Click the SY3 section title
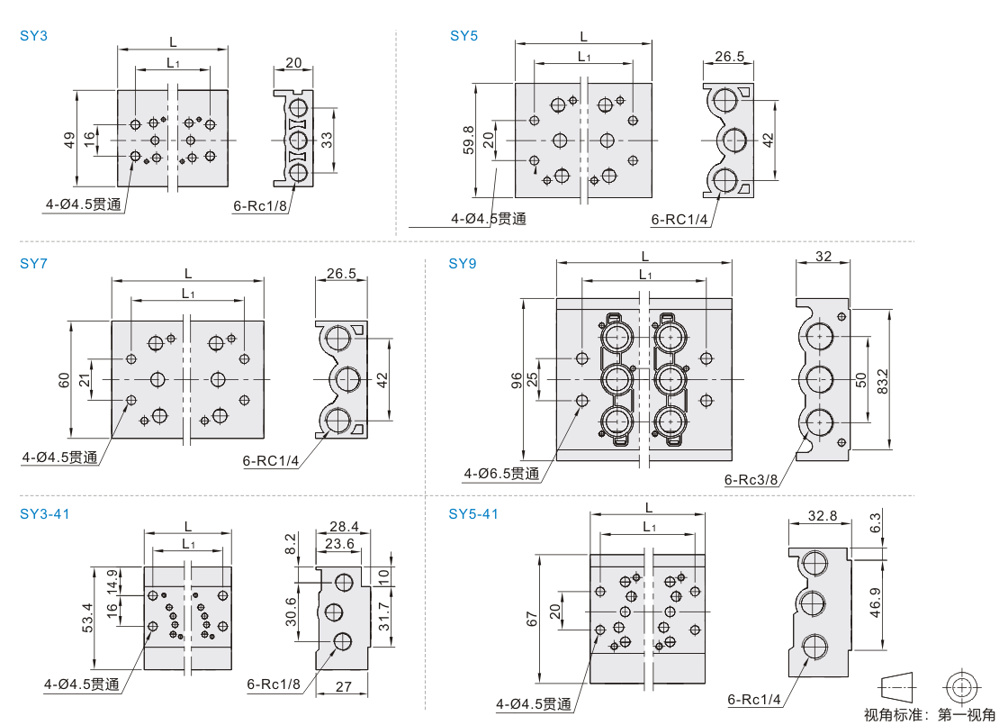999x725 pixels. click(x=33, y=37)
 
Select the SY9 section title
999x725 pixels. click(x=463, y=264)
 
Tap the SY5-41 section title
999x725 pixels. click(x=472, y=514)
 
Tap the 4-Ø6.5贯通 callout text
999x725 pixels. click(x=501, y=474)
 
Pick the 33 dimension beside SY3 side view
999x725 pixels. click(x=327, y=139)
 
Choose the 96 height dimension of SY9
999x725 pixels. click(x=517, y=380)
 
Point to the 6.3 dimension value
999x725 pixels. click(x=877, y=522)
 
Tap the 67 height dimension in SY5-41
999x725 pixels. click(x=532, y=619)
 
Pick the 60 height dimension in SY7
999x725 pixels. click(x=64, y=379)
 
